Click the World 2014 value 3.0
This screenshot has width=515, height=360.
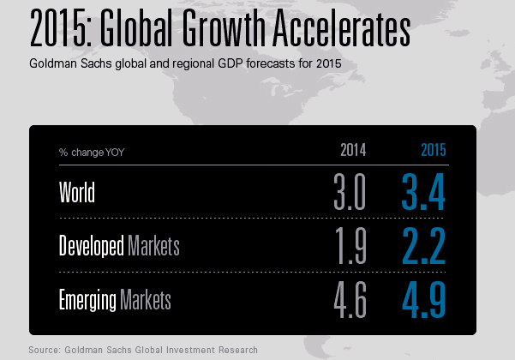pos(350,193)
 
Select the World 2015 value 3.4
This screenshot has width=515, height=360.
pos(423,193)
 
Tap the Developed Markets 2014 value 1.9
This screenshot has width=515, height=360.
pos(350,247)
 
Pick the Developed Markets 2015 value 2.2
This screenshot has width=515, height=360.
pos(423,247)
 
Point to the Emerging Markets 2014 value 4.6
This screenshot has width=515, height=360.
pos(350,301)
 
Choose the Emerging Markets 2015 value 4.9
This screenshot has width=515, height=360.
pos(423,301)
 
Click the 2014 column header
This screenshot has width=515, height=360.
pos(353,151)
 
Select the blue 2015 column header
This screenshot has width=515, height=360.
pos(433,151)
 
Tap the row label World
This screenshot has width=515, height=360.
pos(77,193)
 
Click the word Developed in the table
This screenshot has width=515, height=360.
pos(91,247)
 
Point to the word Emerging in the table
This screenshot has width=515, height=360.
pos(88,301)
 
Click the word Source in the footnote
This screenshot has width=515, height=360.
pos(45,350)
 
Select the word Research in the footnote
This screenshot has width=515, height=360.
pos(235,350)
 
